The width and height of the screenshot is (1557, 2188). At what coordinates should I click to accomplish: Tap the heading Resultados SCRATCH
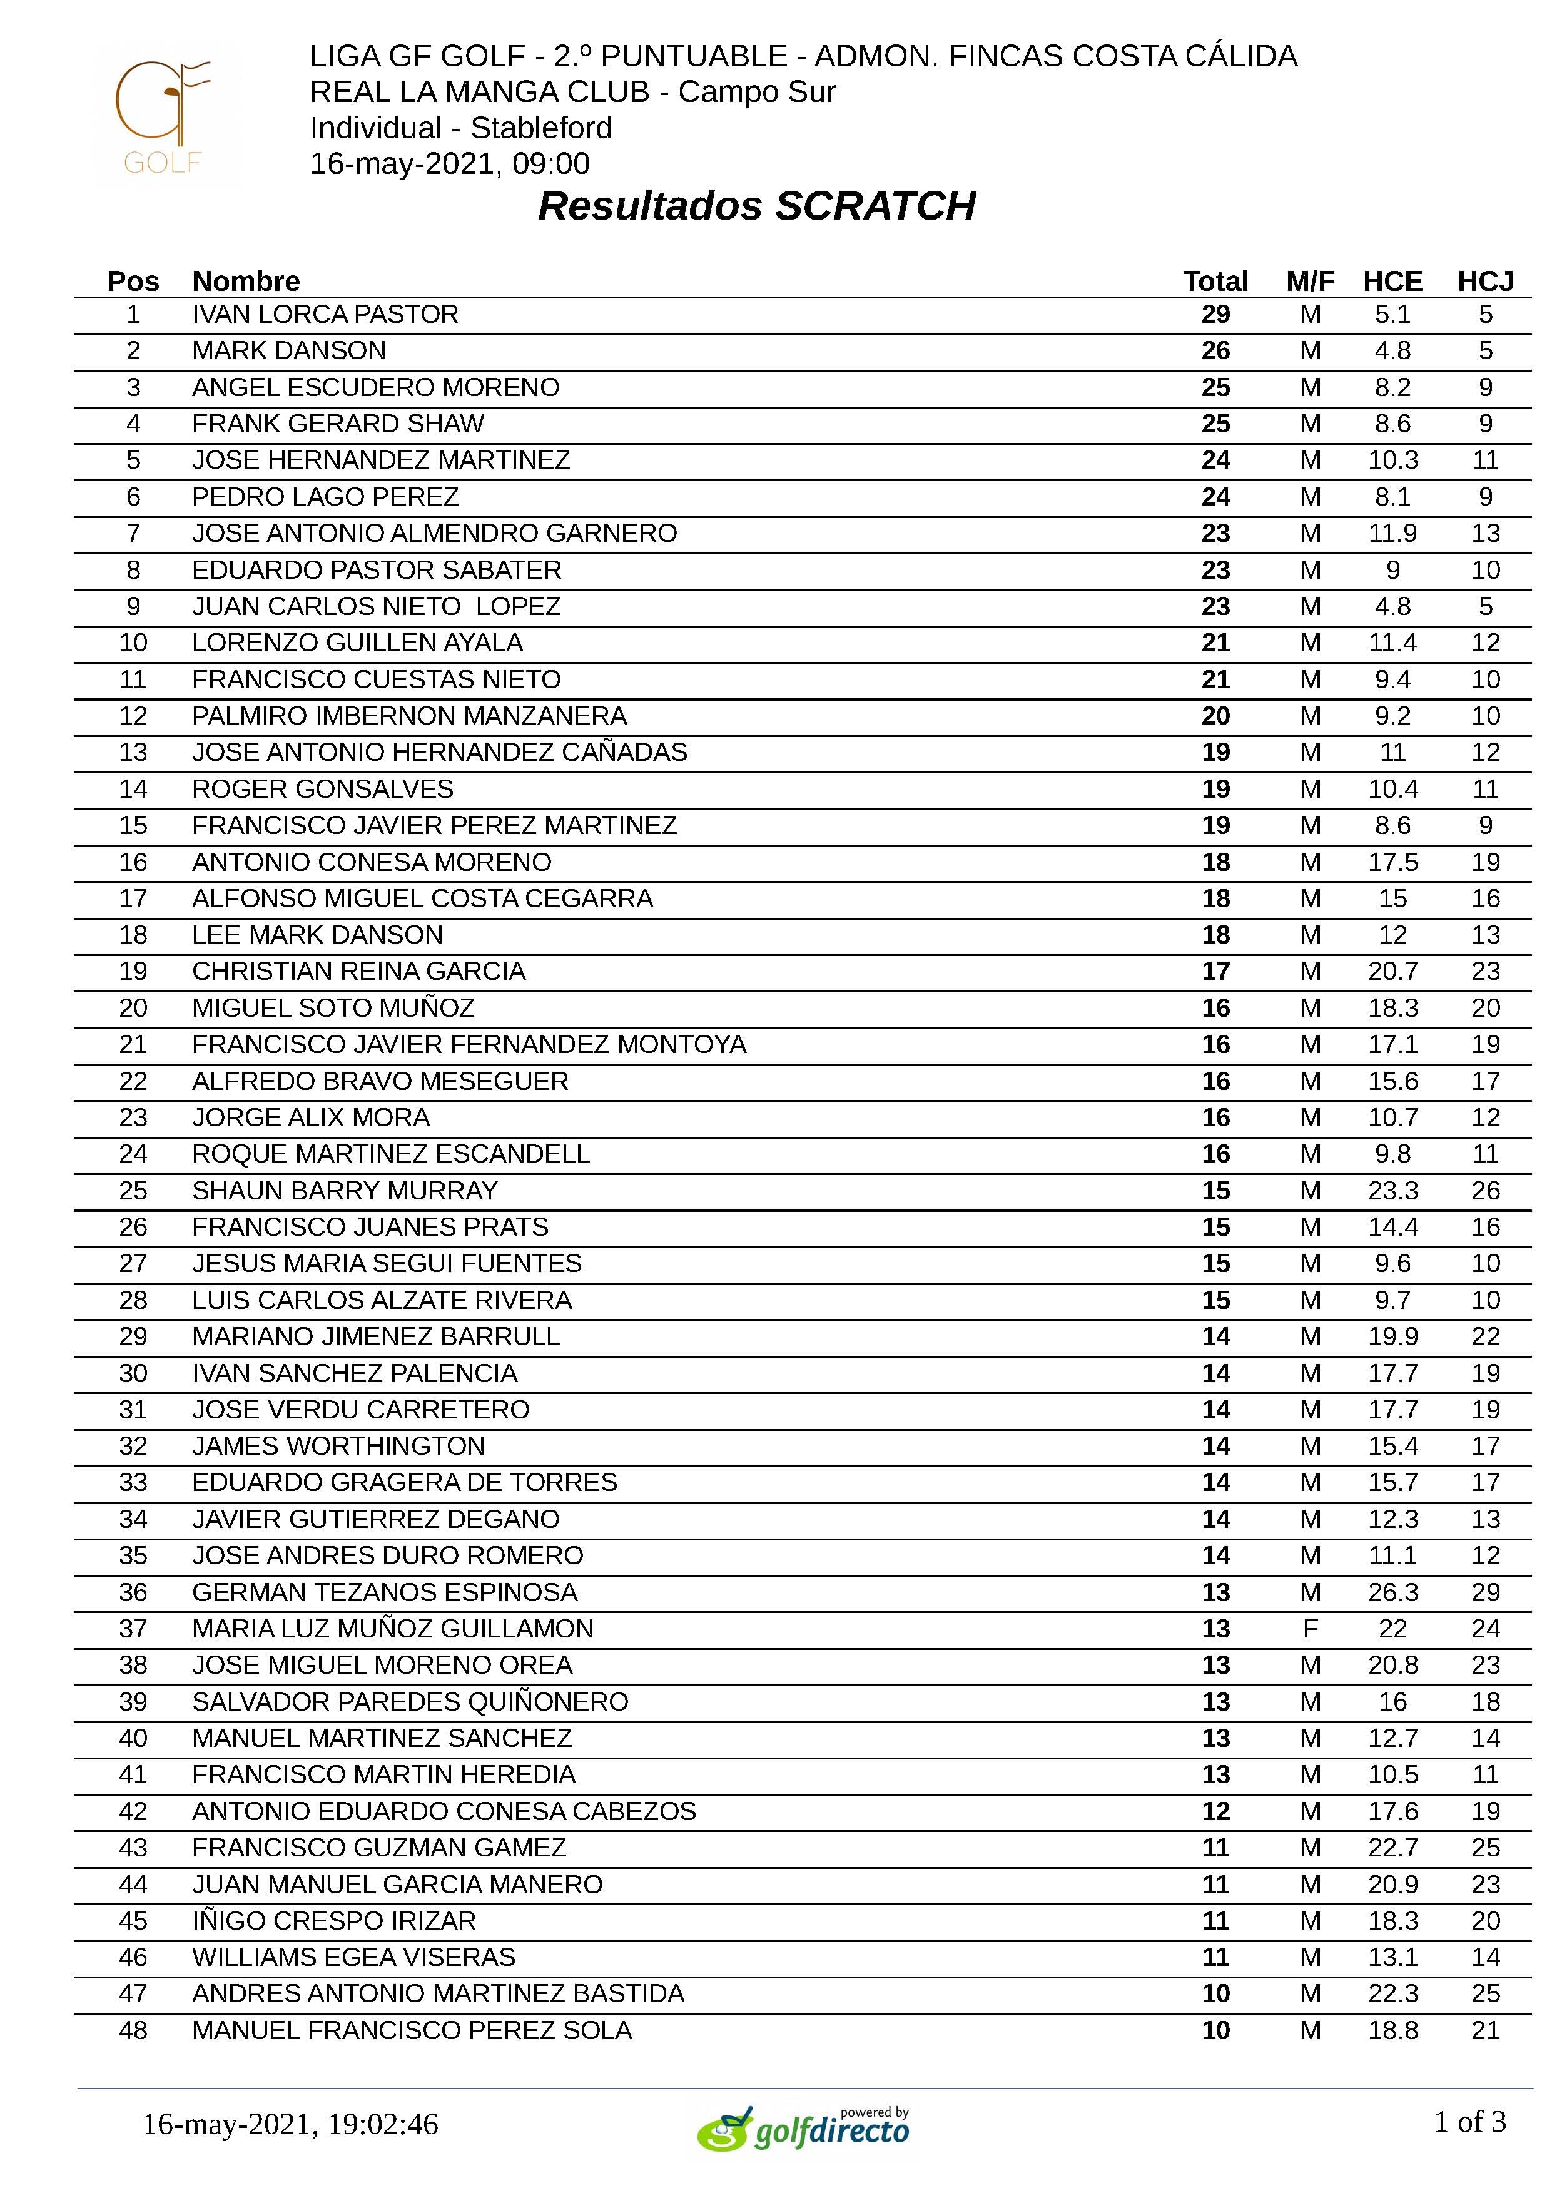pos(756,206)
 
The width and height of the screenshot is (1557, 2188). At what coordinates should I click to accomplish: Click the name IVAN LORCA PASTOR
pos(325,315)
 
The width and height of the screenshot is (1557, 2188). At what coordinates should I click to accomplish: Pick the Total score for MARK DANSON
pos(1215,351)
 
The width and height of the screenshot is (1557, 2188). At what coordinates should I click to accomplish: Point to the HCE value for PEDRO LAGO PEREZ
pos(1392,497)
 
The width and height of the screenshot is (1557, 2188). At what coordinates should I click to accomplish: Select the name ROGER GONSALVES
pos(322,789)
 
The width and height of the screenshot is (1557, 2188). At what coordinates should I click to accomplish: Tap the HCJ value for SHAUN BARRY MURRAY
pos(1485,1191)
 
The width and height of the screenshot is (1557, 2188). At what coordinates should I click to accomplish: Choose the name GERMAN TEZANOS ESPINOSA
pos(385,1592)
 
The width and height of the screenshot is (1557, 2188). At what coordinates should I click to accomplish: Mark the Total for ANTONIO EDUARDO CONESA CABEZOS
pos(1215,1811)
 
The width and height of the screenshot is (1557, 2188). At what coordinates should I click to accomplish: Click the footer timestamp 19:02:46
pos(383,2125)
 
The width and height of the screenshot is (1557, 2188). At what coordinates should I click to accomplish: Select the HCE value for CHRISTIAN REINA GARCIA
pos(1392,971)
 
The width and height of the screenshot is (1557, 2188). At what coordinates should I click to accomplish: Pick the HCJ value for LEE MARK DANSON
pos(1485,935)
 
